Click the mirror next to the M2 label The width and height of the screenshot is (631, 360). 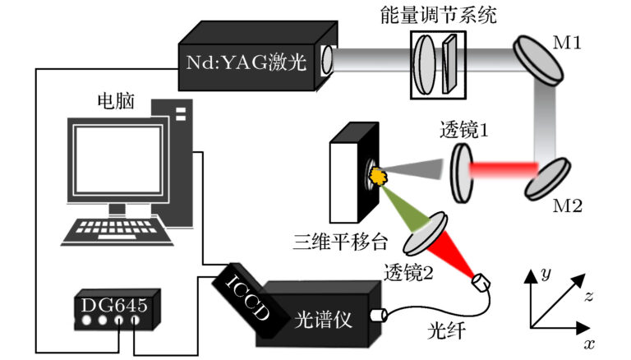click(x=544, y=177)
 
